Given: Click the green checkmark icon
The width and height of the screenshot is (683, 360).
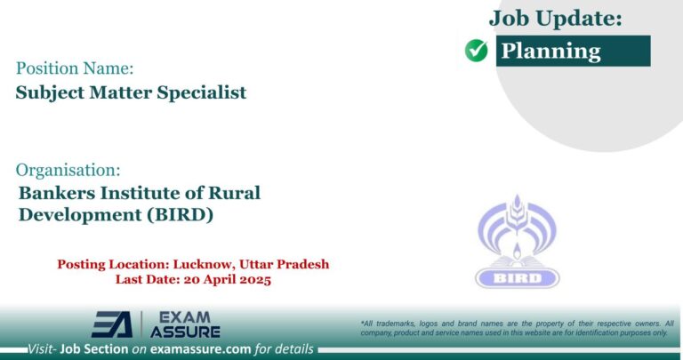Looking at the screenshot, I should click(477, 52).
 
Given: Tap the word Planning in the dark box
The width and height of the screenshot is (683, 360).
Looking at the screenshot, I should click(551, 51).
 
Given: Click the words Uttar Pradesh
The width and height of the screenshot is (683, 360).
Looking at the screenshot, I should click(290, 264).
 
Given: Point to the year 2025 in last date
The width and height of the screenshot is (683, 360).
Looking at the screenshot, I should click(252, 279).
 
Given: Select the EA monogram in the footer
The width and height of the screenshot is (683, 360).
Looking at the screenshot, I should click(113, 325).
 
